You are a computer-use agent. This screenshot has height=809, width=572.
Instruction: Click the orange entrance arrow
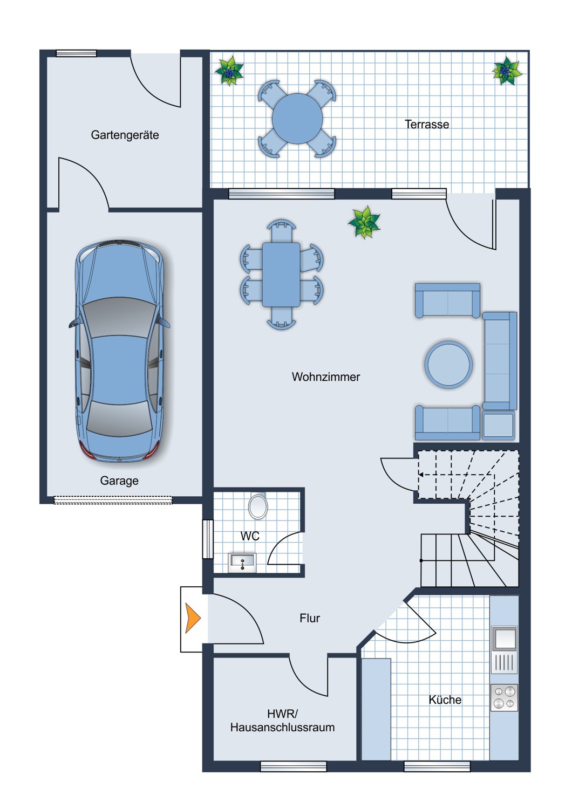pos(193,618)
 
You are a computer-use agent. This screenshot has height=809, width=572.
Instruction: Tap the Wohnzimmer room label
pos(326,377)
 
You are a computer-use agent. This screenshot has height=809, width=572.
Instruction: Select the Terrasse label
pos(427,124)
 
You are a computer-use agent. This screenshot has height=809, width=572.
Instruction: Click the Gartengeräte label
pos(125,135)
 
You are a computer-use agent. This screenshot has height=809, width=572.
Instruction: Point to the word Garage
pos(119,481)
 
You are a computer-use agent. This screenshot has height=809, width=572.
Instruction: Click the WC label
pos(250,536)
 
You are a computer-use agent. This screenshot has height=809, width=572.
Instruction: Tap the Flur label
pos(310,618)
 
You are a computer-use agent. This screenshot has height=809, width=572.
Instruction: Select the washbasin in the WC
pos(242,563)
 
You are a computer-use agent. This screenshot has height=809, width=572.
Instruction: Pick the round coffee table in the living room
pos(448,365)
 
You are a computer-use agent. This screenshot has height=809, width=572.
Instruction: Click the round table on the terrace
pos(297,119)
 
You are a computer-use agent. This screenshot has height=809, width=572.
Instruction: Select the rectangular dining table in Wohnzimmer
pos(281,275)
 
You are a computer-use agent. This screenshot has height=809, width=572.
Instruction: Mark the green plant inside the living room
pos(364,222)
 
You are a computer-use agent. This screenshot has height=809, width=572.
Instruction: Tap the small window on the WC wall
pos(208,539)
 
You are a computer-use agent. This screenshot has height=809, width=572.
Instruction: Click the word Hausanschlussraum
pos(283,728)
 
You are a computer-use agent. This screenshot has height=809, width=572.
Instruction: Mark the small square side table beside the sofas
pos(498,426)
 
